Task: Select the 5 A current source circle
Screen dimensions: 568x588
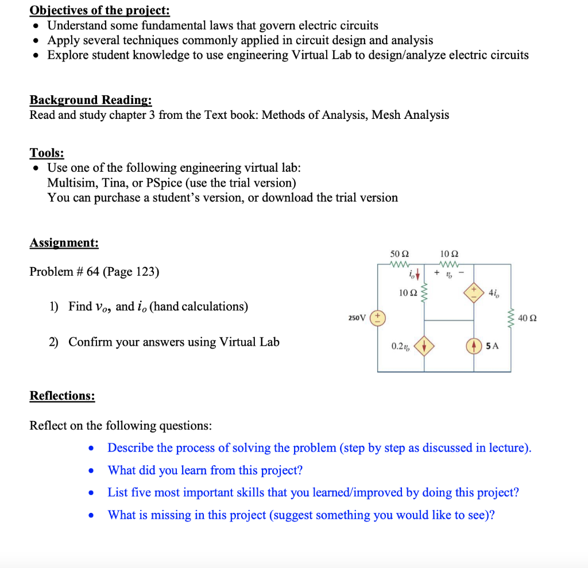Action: [474, 346]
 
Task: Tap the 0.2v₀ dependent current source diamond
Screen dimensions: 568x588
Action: [424, 346]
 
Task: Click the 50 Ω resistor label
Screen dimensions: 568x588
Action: [399, 253]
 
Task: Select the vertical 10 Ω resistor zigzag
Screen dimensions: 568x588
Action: [424, 294]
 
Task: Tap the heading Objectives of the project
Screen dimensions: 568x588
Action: [99, 10]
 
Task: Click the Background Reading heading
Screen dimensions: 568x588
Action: [91, 100]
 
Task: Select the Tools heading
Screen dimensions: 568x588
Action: [47, 153]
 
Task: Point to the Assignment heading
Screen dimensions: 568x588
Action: [64, 242]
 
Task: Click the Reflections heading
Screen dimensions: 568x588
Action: [62, 396]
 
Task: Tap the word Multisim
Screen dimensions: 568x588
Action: [71, 183]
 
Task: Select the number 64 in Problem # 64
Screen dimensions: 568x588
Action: [94, 272]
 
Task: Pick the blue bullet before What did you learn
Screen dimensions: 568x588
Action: [91, 470]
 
